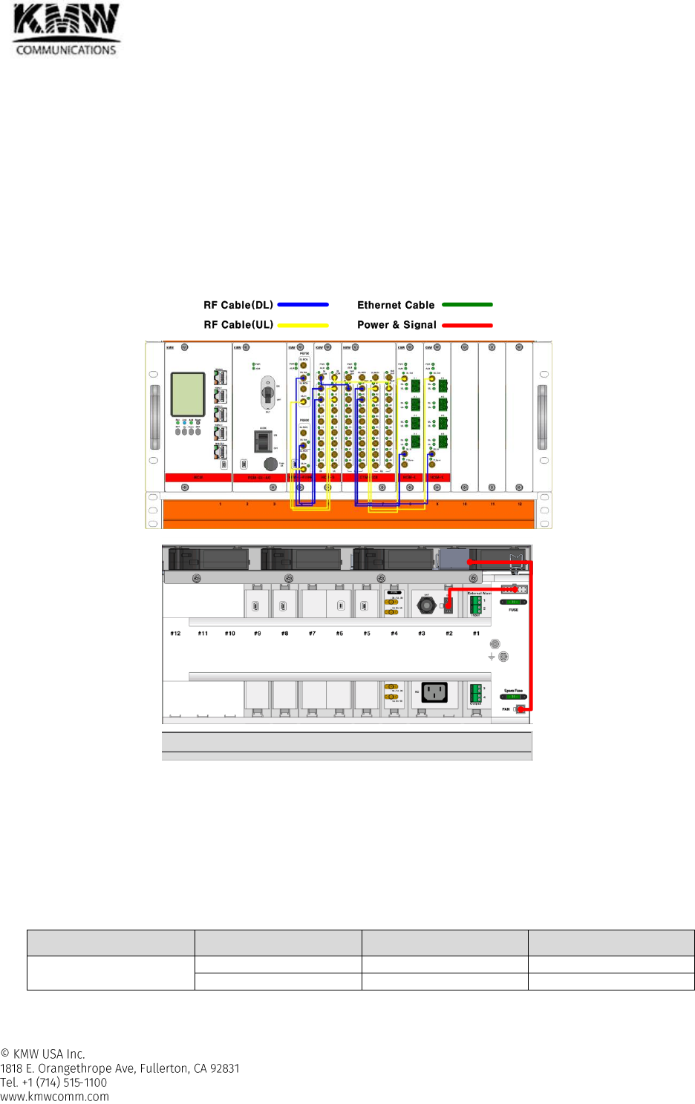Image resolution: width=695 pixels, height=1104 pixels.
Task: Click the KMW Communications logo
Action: [66, 30]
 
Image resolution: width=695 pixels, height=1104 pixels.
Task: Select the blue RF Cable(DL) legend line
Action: [303, 304]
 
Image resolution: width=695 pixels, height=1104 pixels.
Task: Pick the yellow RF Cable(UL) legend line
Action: [303, 325]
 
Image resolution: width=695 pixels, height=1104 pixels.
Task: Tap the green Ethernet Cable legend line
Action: [467, 304]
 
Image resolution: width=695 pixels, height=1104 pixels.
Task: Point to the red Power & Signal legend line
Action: [467, 325]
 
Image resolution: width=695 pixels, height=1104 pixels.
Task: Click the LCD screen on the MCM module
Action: [187, 394]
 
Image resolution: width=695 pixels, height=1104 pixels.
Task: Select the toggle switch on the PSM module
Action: [267, 392]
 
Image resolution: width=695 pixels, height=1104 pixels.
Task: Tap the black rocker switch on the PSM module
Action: [262, 441]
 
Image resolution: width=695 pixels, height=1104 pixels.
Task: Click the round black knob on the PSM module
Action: [270, 464]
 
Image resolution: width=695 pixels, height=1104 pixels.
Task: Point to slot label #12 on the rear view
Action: [175, 634]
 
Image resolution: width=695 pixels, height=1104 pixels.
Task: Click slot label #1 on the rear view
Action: [476, 634]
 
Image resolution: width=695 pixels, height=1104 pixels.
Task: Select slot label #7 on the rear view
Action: [312, 634]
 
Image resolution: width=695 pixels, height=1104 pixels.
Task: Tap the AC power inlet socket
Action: [434, 693]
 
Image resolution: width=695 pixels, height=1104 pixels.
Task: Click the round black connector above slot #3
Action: [426, 605]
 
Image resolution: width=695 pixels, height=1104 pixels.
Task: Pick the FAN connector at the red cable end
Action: [521, 709]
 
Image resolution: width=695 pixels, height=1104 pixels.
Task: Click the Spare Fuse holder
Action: [513, 697]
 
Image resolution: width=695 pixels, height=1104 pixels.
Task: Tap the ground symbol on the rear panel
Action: [492, 657]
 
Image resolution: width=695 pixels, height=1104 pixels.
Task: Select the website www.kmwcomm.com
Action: [54, 1097]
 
